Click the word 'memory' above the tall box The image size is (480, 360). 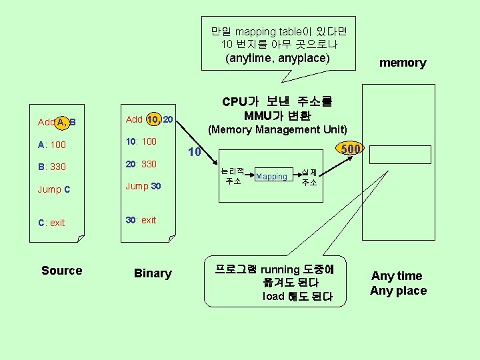(x=403, y=63)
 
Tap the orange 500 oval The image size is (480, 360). (x=349, y=149)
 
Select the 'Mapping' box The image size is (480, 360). (x=271, y=177)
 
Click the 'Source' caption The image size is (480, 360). (x=61, y=271)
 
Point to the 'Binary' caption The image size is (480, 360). (x=153, y=273)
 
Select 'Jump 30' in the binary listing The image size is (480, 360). (x=143, y=186)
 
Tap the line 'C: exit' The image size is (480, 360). (x=51, y=223)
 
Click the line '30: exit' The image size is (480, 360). (x=141, y=220)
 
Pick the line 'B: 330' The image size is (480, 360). (x=52, y=167)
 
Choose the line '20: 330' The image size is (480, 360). (x=141, y=164)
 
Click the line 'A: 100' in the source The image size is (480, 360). (x=52, y=145)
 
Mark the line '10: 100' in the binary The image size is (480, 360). (x=141, y=141)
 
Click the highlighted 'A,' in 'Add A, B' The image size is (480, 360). (x=61, y=122)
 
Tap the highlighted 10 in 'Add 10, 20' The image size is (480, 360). (x=153, y=119)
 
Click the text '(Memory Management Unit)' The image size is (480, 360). (x=278, y=129)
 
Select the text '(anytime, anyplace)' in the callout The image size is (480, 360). (x=278, y=58)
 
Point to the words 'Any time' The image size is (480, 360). (x=397, y=276)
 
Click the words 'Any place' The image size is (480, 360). (x=398, y=291)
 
